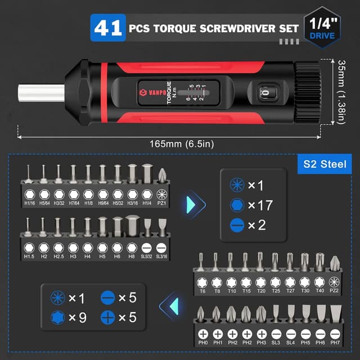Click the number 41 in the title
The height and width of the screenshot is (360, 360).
(109, 28)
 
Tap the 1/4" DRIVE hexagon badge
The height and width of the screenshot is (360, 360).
(321, 27)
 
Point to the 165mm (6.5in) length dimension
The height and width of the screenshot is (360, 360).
(174, 143)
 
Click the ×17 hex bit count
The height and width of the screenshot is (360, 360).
(260, 205)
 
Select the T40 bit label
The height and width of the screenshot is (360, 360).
(319, 290)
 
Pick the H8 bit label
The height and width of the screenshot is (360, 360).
(132, 257)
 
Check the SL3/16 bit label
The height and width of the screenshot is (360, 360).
(162, 257)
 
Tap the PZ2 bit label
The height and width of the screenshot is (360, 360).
(335, 290)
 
